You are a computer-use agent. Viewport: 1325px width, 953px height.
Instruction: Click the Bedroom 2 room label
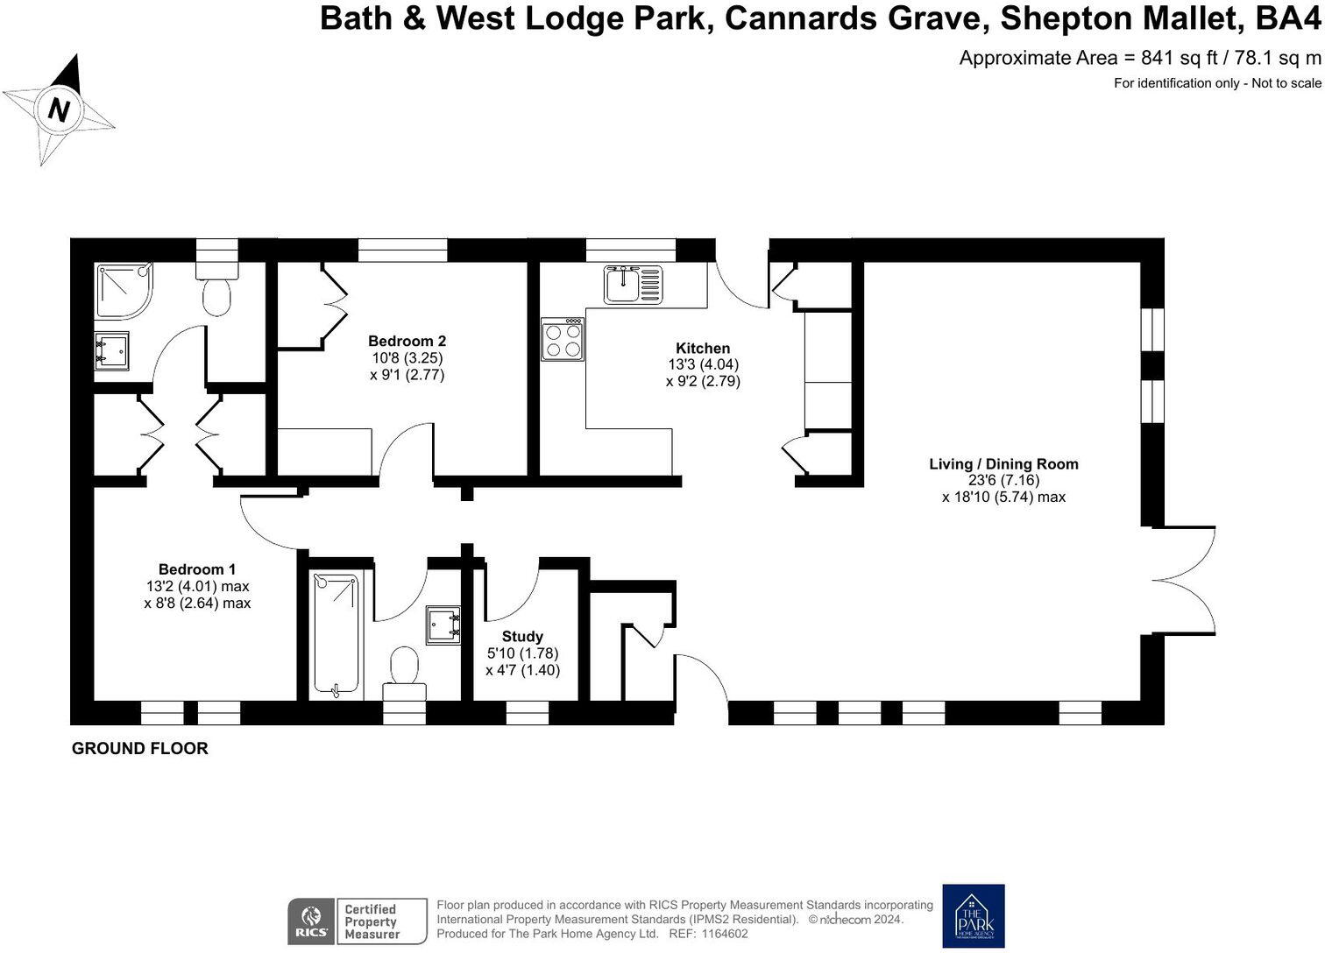pos(407,342)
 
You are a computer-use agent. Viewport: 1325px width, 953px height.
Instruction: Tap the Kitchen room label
pos(702,349)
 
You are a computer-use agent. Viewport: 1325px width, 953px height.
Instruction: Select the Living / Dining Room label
pos(1003,464)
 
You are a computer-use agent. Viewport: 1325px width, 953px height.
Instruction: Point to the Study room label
pos(522,637)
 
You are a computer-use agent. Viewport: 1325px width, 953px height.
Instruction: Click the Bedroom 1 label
pos(197,569)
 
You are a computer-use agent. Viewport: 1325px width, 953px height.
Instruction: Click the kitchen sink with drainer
pos(633,285)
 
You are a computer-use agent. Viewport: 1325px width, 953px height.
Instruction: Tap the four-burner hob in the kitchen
pos(563,339)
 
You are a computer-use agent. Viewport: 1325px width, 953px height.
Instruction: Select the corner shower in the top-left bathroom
pos(122,289)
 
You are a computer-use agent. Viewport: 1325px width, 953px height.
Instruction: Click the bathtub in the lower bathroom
pos(337,635)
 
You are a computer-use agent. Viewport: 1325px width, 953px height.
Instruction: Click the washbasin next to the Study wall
pos(443,625)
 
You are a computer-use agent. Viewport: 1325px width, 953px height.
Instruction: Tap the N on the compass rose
pos(59,110)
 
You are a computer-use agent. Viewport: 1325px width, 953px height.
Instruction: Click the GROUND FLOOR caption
pos(140,748)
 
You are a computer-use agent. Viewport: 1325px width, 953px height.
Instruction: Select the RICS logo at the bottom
pos(310,921)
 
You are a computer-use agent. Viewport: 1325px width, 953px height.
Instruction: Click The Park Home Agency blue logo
pos(973,916)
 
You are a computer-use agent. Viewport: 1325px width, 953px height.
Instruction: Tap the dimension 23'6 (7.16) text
pos(1003,481)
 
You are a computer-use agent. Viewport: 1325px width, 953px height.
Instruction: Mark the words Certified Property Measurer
pos(371,921)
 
